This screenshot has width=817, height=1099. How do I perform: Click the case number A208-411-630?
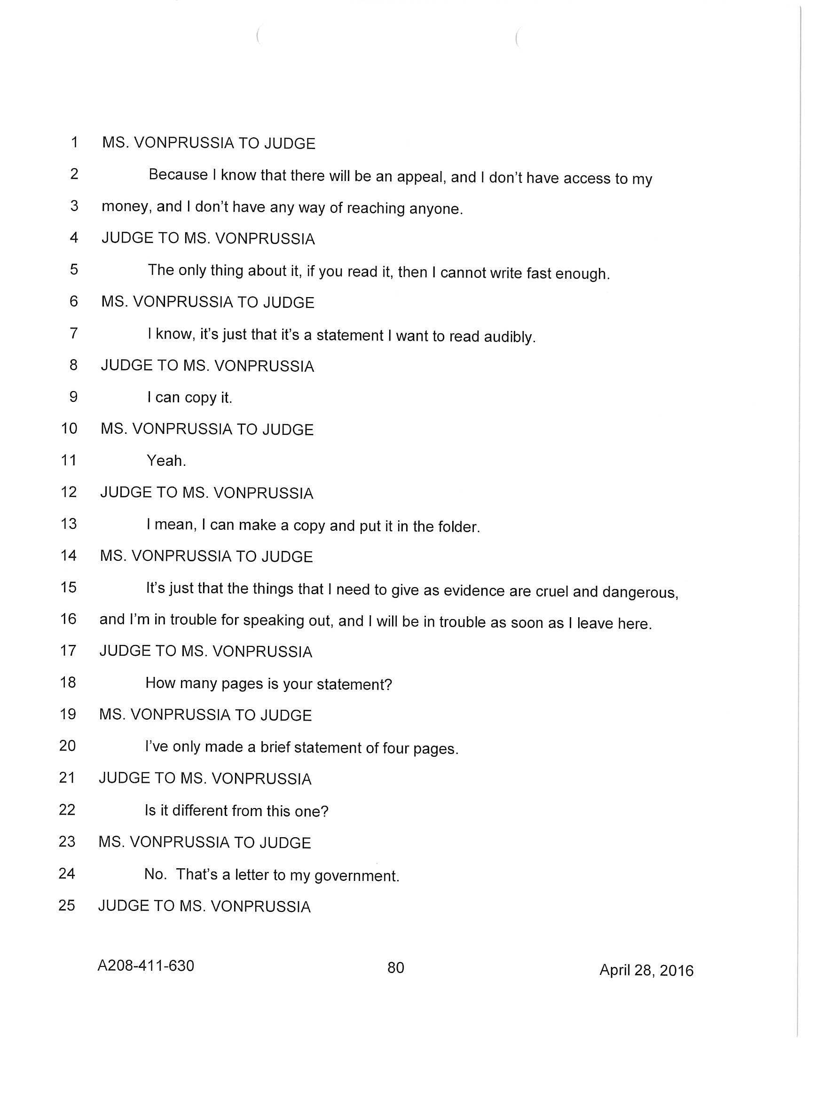(x=146, y=965)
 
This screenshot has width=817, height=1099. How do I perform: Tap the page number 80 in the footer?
(x=396, y=967)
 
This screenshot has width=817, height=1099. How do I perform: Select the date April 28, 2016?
(x=646, y=970)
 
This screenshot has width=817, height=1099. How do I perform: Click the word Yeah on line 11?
(x=165, y=461)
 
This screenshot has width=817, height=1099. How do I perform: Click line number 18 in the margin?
(x=68, y=683)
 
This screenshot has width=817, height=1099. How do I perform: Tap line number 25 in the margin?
(x=67, y=905)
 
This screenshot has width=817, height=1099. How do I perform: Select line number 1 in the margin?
(x=74, y=142)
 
